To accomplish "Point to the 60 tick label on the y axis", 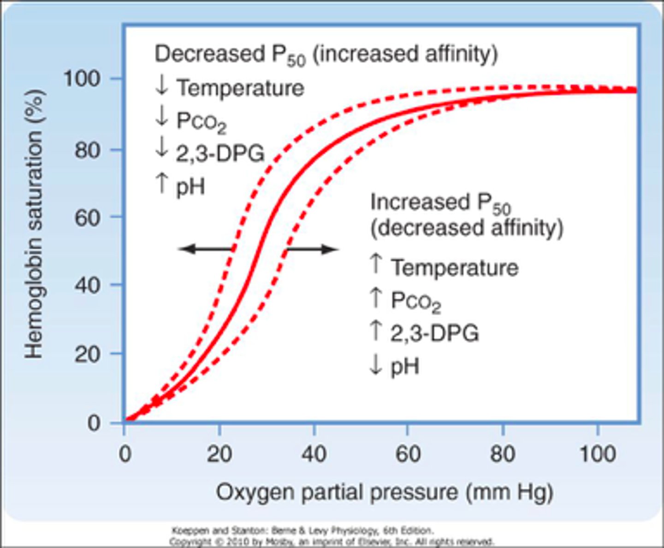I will [x=87, y=217].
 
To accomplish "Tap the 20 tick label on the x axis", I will [x=219, y=454].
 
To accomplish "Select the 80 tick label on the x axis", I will [x=502, y=454].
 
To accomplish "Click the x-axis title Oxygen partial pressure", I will [x=385, y=492].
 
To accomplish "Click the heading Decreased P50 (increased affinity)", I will [x=326, y=54].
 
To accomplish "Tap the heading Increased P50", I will [x=440, y=203].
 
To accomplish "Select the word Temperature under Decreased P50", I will [x=240, y=88].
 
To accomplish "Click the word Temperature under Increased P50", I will [x=455, y=268].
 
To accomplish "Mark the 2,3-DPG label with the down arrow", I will [x=220, y=153].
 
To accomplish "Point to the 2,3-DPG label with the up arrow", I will [x=434, y=333].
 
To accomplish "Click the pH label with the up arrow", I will [x=190, y=187].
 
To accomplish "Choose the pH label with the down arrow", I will [x=405, y=367].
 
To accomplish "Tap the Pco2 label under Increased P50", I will [x=415, y=301].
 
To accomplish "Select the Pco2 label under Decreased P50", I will [x=201, y=121].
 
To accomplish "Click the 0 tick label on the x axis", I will [x=125, y=454].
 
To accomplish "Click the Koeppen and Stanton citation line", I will [x=302, y=530].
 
